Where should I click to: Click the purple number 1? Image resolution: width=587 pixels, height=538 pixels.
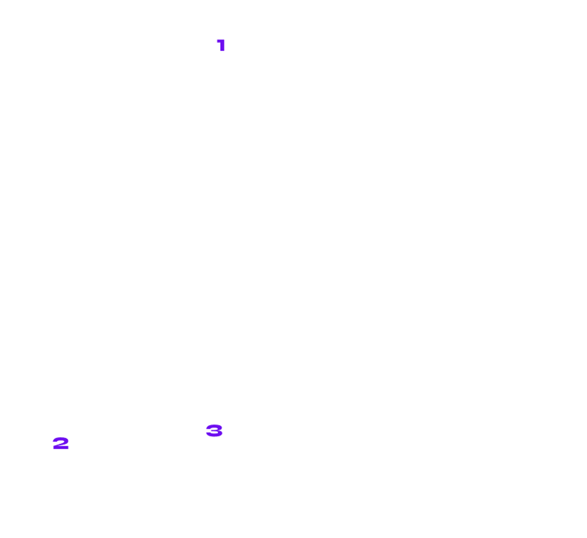point(221,45)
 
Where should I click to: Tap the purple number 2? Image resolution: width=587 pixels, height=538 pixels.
point(61,443)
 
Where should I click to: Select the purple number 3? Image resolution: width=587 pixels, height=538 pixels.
point(214,430)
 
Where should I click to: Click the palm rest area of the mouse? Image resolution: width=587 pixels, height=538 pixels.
point(293,205)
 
